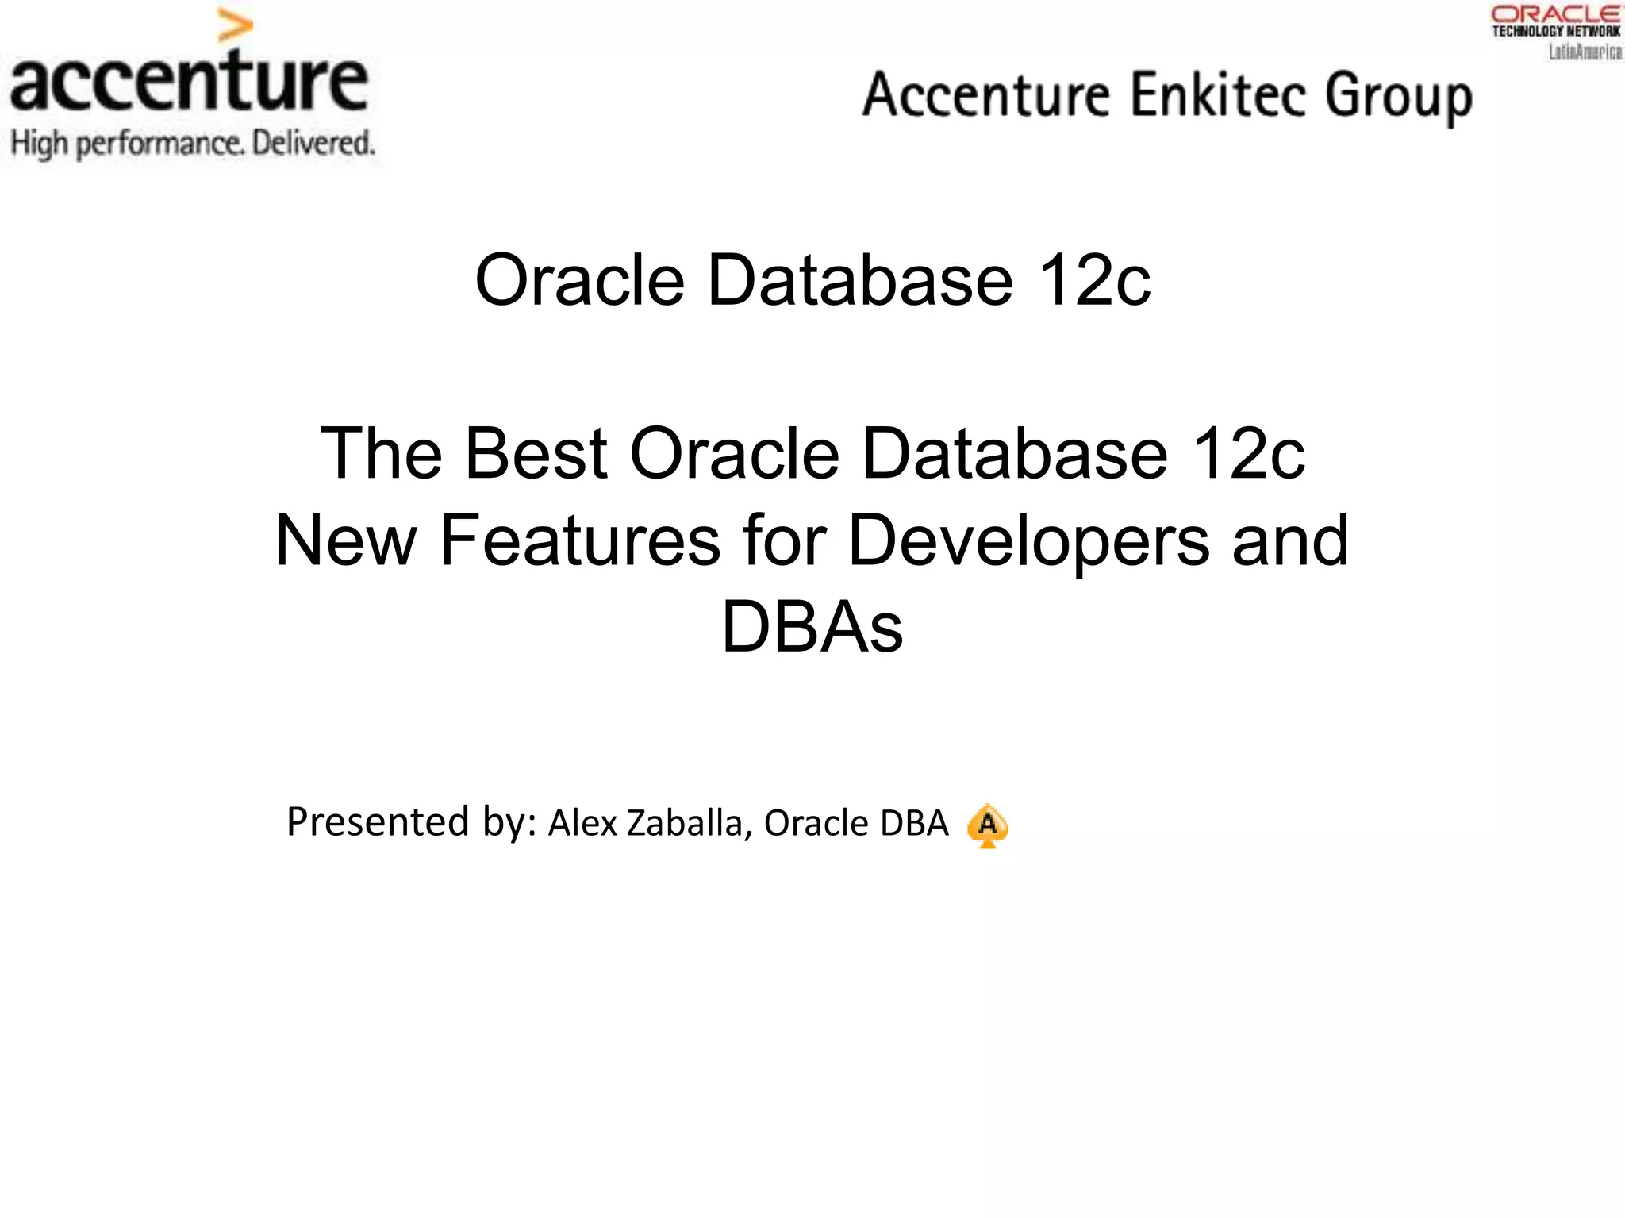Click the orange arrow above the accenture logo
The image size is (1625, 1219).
point(235,26)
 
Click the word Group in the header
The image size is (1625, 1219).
point(1399,97)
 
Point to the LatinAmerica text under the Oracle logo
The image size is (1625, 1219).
point(1585,52)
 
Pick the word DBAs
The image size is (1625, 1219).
point(812,627)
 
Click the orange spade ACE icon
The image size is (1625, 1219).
point(987,825)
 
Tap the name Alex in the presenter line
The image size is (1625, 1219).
point(583,823)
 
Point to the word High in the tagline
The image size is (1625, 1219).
point(40,144)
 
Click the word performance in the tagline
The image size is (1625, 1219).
point(159,144)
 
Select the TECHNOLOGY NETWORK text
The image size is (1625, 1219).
point(1556,32)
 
